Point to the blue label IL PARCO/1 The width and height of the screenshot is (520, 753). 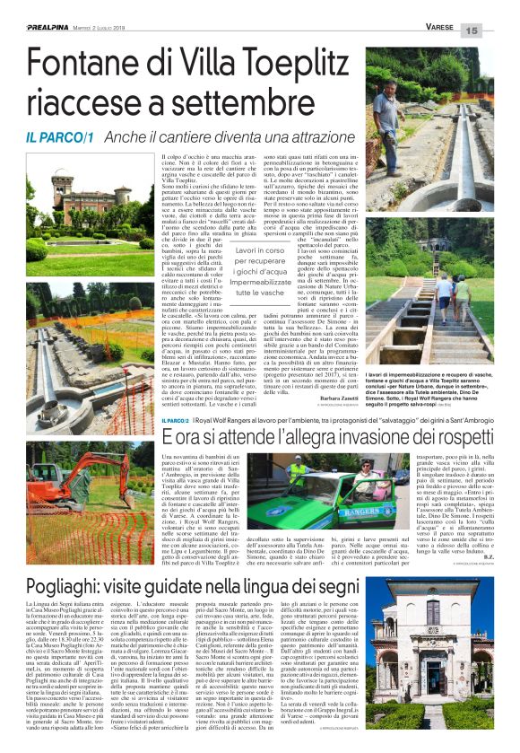coord(60,138)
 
